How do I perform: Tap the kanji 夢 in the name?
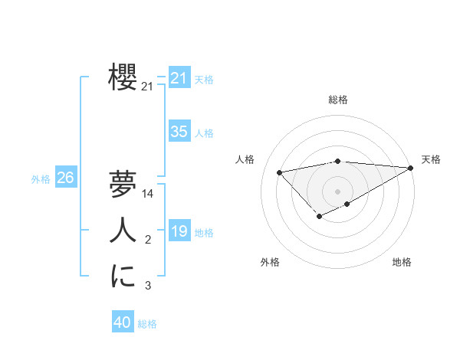[x=123, y=184]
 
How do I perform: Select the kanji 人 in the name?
[x=123, y=231]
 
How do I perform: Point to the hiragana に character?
[x=123, y=277]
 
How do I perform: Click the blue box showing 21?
[x=179, y=78]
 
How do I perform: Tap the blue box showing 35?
[x=179, y=132]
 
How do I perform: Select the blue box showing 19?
[x=179, y=231]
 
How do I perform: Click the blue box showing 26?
[x=65, y=178]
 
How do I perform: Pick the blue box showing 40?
[x=122, y=323]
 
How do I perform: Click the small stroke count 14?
[x=148, y=194]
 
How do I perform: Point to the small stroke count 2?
[x=148, y=241]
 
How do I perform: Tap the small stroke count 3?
[x=148, y=286]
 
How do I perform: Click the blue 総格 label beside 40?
[x=147, y=324]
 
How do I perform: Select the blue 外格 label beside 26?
[x=41, y=179]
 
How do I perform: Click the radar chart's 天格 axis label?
[x=431, y=159]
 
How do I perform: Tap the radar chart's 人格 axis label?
[x=245, y=159]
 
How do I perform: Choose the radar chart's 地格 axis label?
[x=402, y=262]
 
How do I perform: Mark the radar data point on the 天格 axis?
[x=411, y=168]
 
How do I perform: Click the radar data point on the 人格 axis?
[x=279, y=172]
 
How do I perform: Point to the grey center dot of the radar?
[x=337, y=191]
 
